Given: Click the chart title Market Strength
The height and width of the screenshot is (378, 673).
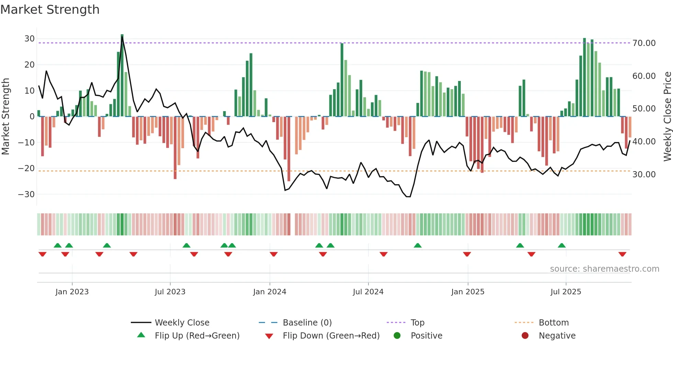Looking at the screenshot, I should [x=50, y=10].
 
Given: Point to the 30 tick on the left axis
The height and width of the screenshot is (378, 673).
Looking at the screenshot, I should [x=30, y=39].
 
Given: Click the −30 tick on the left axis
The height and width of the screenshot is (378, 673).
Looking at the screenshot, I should [x=27, y=194].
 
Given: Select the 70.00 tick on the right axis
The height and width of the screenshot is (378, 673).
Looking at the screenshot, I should [x=644, y=43].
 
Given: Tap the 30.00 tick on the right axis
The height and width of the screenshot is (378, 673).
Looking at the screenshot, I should [x=644, y=175].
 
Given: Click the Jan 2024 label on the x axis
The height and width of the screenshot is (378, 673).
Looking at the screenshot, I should [x=270, y=292].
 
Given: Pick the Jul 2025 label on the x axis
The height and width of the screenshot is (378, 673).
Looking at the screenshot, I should [x=566, y=292].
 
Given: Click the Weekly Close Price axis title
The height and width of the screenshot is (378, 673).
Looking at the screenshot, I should [x=667, y=117].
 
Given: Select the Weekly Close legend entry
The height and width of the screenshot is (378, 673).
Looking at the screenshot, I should [x=182, y=323].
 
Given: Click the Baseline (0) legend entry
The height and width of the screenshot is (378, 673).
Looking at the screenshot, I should [x=307, y=323].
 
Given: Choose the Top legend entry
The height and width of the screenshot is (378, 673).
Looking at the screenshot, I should [x=417, y=323].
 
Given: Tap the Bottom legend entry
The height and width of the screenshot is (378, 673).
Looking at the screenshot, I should [x=554, y=323].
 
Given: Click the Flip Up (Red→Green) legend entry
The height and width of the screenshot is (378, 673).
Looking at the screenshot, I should [x=197, y=336].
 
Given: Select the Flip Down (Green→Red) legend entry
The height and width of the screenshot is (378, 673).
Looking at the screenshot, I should [x=331, y=336].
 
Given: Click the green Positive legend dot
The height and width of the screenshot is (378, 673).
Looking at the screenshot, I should [x=397, y=336].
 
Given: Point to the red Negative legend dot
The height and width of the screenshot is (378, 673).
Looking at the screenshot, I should [x=525, y=336].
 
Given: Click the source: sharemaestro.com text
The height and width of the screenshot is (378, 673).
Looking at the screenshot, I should [x=604, y=269].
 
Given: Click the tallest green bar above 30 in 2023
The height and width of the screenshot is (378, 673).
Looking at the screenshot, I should [x=122, y=75].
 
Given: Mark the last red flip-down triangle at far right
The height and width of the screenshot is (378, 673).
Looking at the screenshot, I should [x=622, y=254].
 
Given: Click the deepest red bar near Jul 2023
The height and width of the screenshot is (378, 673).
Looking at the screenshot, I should [x=175, y=147].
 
